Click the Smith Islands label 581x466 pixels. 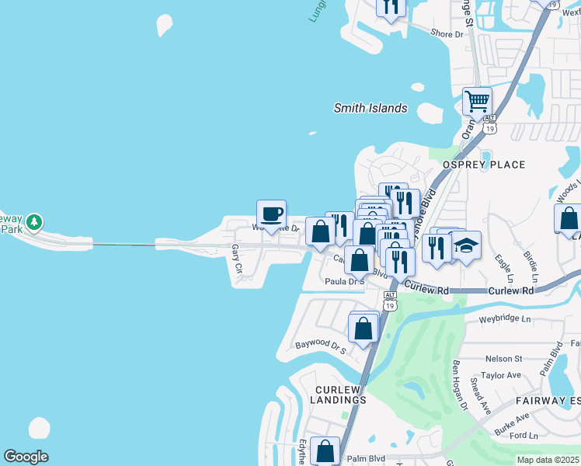click(371, 109)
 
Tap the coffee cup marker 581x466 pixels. click(272, 214)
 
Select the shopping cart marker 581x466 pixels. click(477, 100)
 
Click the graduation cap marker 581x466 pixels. click(466, 245)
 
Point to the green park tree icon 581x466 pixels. click(33, 223)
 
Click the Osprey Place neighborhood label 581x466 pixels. click(484, 165)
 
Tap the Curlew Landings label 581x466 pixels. click(340, 395)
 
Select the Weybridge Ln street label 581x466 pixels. click(504, 319)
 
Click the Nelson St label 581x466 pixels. click(503, 359)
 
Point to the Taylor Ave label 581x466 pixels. click(500, 375)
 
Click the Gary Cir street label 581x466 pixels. click(237, 259)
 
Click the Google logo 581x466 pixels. click(26, 457)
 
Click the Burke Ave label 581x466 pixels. click(510, 423)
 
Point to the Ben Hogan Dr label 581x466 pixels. click(458, 384)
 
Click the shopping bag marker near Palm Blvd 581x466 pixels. click(325, 450)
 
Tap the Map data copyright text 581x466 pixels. click(548, 460)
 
